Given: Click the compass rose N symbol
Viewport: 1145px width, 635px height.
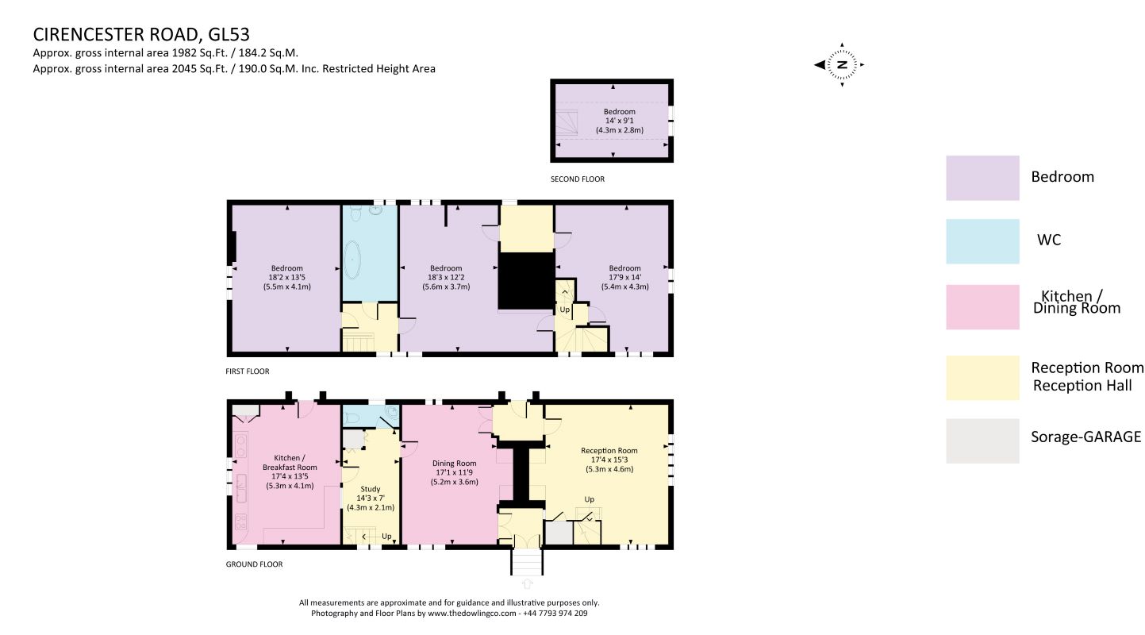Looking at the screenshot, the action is click(x=842, y=65).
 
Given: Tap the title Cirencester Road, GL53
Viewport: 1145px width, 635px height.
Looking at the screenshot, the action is click(x=141, y=34).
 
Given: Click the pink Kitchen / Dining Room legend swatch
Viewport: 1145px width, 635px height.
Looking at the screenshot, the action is click(x=982, y=306).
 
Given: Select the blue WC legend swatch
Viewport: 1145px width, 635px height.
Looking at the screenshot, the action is click(x=982, y=241).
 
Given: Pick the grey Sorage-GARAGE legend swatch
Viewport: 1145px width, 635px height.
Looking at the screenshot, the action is click(x=982, y=441).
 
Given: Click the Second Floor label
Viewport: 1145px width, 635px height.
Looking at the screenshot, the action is click(x=577, y=179).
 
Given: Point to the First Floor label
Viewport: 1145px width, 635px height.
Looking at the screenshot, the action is click(x=248, y=371).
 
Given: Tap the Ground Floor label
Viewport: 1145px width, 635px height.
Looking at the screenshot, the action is click(x=254, y=564).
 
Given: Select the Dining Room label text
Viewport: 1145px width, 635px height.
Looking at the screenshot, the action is click(x=454, y=464).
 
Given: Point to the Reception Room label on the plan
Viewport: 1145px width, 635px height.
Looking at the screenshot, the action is click(x=609, y=450).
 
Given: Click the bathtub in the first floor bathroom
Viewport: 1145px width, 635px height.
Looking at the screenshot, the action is click(x=352, y=260).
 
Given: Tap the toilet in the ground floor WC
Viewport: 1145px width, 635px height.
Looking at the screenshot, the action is click(x=352, y=418).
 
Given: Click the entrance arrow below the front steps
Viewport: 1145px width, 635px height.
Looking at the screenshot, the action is click(x=527, y=583).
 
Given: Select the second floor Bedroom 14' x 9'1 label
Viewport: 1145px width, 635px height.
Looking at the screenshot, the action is click(x=620, y=121).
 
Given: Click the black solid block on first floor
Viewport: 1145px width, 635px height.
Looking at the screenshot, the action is click(x=527, y=281).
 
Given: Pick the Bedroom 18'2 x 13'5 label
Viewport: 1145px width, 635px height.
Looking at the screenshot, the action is click(x=286, y=277).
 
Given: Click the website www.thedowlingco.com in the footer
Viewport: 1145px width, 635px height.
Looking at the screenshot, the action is click(x=472, y=613).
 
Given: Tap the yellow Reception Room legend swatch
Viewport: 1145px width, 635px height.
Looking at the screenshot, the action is click(x=982, y=378).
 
